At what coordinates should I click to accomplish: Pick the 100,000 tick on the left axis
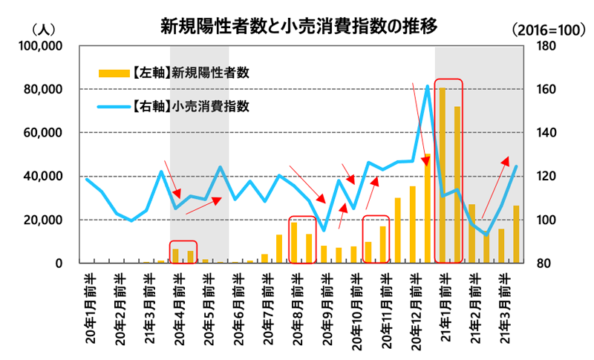[x=42, y=46]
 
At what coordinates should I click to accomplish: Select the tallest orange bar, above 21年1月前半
[x=443, y=175]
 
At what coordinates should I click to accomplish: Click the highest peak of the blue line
[x=427, y=87]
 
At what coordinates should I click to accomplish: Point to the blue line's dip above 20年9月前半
[x=324, y=230]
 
